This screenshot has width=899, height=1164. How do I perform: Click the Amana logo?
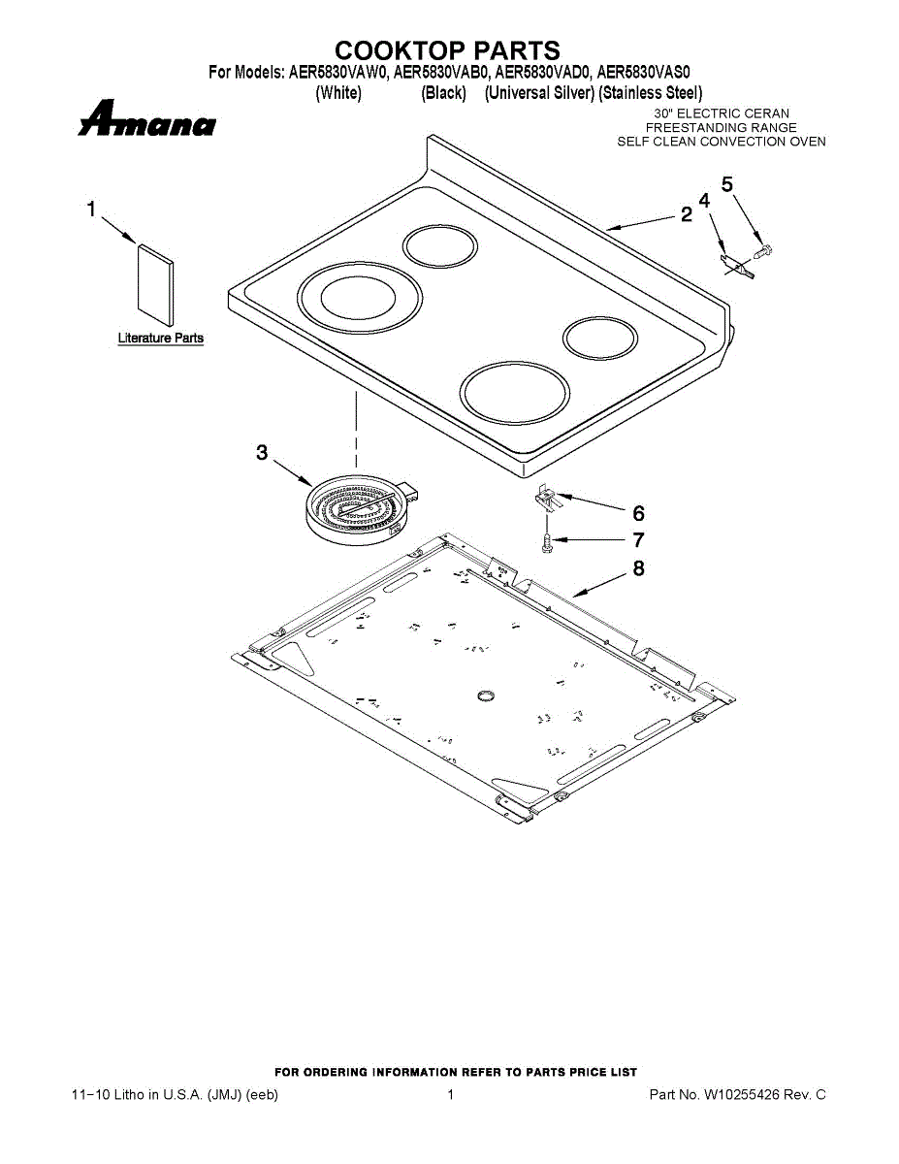click(x=147, y=121)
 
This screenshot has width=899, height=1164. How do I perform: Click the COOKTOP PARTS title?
click(x=447, y=50)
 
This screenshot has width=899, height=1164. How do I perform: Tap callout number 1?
click(x=91, y=209)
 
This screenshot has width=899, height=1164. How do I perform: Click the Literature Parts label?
click(x=161, y=339)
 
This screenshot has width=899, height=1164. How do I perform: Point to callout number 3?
click(x=262, y=452)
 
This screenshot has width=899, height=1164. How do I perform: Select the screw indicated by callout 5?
click(x=762, y=251)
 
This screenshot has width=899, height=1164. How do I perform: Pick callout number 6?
click(x=638, y=513)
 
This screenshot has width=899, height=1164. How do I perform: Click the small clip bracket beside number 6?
click(x=548, y=500)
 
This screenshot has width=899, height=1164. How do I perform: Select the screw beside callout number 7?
click(x=548, y=542)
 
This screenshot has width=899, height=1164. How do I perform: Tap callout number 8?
click(x=638, y=568)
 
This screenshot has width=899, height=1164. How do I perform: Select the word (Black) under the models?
click(x=444, y=93)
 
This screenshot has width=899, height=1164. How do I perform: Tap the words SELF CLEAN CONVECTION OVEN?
click(x=722, y=142)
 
